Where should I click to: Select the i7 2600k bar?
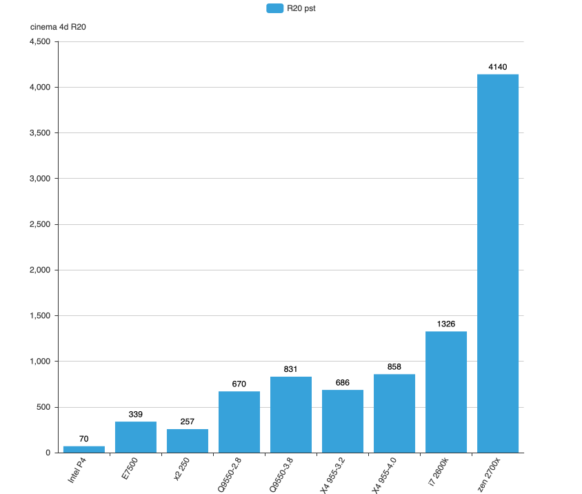446,392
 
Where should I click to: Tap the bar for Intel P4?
84,449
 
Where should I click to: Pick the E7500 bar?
136,437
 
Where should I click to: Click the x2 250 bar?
188,441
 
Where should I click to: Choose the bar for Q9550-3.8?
291,415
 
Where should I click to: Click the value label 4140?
498,67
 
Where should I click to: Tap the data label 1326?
446,324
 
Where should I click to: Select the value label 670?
239,384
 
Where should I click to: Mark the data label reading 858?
394,366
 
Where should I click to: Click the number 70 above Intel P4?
84,439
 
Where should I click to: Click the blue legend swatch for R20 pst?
274,8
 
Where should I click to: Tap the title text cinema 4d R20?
58,27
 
